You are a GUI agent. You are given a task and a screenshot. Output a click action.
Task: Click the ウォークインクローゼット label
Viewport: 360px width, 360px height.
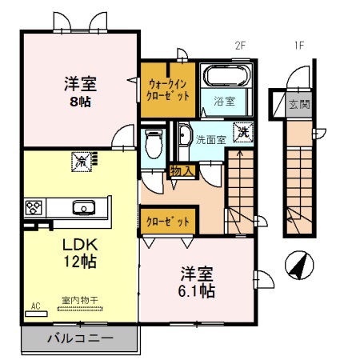169,89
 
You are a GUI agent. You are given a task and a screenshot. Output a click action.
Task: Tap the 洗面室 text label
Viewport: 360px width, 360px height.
211,138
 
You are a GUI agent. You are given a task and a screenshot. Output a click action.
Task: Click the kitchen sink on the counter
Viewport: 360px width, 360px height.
82,208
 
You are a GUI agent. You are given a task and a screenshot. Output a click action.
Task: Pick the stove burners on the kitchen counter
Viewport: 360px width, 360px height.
34,208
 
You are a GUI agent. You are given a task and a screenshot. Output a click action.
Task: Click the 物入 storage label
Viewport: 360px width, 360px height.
181,170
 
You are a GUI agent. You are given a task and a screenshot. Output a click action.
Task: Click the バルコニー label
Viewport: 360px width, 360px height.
80,338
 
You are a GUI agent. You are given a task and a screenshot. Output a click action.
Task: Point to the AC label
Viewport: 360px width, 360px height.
35,306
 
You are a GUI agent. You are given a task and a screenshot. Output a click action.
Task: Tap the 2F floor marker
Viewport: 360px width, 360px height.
239,45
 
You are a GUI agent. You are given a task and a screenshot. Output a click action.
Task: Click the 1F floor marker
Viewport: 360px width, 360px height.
298,45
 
